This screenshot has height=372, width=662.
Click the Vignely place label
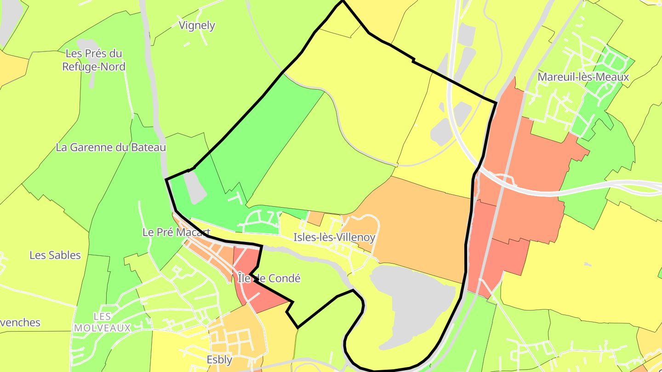pyautogui.click(x=197, y=25)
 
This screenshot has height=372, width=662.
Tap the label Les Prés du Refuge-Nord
pyautogui.click(x=94, y=60)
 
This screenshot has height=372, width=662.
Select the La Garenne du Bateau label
pyautogui.click(x=111, y=147)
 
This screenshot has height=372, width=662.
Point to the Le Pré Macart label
pyautogui.click(x=177, y=232)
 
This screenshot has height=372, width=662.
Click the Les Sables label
pyautogui.click(x=55, y=255)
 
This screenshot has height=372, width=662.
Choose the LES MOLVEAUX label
pyautogui.click(x=102, y=322)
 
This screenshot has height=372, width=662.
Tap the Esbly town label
pyautogui.click(x=219, y=360)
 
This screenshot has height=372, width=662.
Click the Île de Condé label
pyautogui.click(x=269, y=278)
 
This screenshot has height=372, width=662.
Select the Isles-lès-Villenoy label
pyautogui.click(x=334, y=237)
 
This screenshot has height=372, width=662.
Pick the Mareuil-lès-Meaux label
pyautogui.click(x=583, y=77)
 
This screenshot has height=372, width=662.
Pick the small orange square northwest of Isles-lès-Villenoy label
pyautogui.click(x=315, y=218)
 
